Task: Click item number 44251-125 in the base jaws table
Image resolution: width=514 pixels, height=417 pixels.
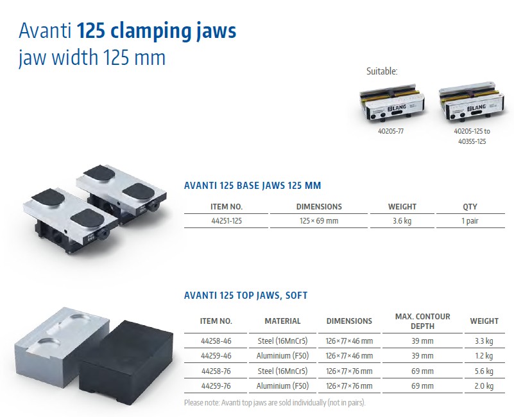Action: (227, 221)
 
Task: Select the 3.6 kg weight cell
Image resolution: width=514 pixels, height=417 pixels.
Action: (402, 221)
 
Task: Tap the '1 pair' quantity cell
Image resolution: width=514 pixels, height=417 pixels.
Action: (470, 221)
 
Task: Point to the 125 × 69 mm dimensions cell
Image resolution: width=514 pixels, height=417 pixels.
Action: (319, 221)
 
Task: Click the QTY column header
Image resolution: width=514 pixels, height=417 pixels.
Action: (470, 207)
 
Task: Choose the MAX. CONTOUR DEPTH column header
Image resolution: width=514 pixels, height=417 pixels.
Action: (422, 321)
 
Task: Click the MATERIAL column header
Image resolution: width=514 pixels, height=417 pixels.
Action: (282, 321)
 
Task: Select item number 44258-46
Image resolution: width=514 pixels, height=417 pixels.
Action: (216, 341)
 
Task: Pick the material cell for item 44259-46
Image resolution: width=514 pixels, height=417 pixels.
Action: (282, 356)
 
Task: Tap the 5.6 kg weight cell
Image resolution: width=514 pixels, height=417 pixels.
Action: (484, 371)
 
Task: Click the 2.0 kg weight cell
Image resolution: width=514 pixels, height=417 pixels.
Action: (484, 386)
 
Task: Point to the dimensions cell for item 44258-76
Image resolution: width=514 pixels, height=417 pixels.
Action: (349, 371)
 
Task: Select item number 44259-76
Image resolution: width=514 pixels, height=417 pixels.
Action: (216, 386)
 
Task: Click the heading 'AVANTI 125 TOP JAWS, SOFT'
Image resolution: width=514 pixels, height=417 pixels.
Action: (246, 296)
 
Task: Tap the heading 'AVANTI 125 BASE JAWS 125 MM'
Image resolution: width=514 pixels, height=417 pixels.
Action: (252, 186)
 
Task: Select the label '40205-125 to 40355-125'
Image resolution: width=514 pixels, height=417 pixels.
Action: (472, 136)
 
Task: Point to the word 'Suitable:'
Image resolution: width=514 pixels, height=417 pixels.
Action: (382, 71)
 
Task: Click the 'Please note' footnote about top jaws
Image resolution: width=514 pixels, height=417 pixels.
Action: (275, 403)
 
